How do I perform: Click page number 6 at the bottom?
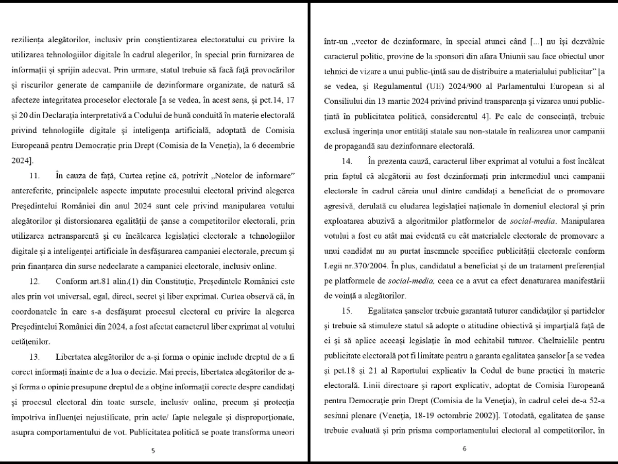tap(464, 449)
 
